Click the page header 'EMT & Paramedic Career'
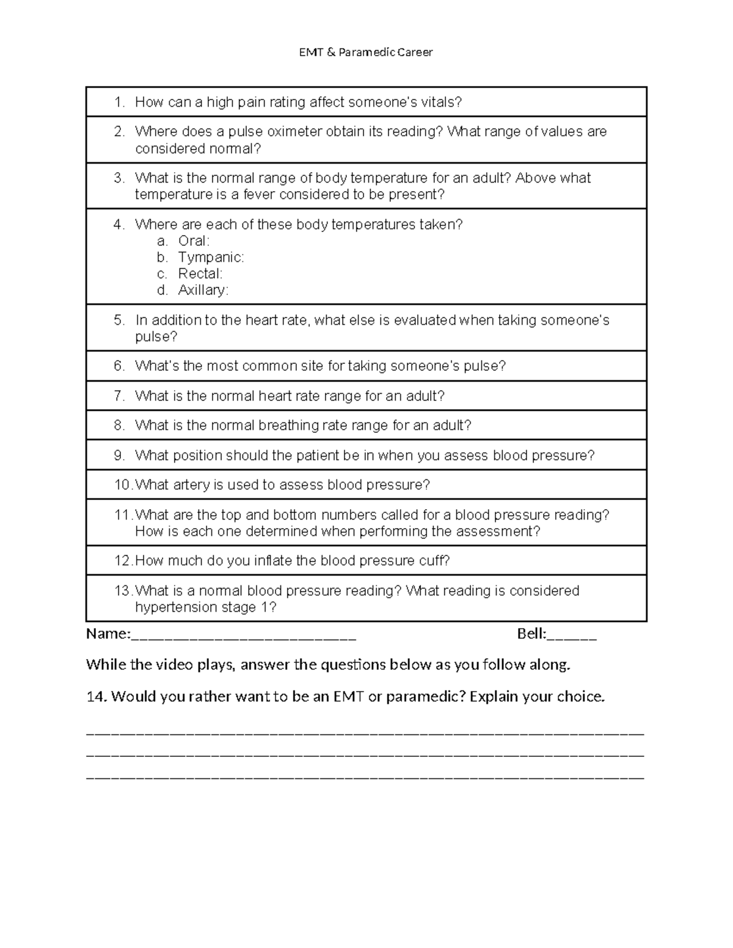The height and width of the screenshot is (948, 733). (x=365, y=52)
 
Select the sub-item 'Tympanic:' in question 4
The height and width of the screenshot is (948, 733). (x=211, y=258)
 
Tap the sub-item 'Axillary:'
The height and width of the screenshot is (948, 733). (x=203, y=291)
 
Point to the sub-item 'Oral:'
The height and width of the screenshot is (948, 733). (x=194, y=241)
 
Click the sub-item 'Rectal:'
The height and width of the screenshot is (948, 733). (x=200, y=274)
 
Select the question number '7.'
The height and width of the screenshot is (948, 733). (x=119, y=396)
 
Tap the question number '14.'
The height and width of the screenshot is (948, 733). (x=97, y=697)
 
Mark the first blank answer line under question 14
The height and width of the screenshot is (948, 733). (x=365, y=732)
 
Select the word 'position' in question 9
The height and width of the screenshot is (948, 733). (x=198, y=456)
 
